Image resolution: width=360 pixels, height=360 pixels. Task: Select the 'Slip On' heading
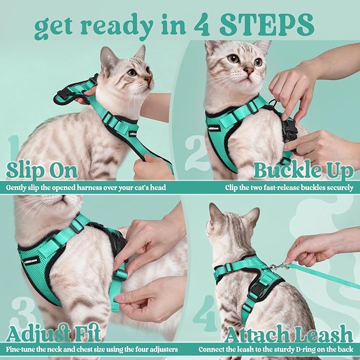[x=42, y=171]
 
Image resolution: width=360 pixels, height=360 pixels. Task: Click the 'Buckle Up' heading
[x=303, y=171]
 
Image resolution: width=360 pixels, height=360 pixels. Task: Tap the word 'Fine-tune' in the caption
[x=21, y=349]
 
